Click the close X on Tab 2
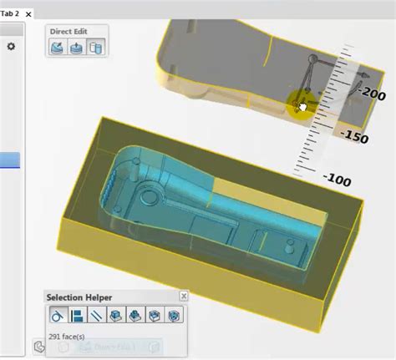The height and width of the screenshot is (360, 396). [x=30, y=14]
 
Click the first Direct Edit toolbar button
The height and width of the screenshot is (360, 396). [x=57, y=48]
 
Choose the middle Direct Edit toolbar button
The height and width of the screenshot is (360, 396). [x=76, y=48]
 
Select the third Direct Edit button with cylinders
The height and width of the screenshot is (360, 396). [x=95, y=48]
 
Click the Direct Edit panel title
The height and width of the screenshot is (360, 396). [x=69, y=32]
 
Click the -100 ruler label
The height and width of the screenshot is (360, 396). [x=337, y=179]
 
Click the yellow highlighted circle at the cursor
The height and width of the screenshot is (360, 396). [x=299, y=104]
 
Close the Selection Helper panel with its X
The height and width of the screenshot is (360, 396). [x=184, y=296]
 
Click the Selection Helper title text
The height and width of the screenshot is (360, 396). [x=79, y=297]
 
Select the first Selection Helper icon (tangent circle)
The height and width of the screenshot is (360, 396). [x=58, y=316]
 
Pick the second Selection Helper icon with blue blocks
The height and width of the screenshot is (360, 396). [x=77, y=316]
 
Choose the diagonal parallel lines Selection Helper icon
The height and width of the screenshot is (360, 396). [x=96, y=316]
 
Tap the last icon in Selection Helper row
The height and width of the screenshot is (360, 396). [x=174, y=316]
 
